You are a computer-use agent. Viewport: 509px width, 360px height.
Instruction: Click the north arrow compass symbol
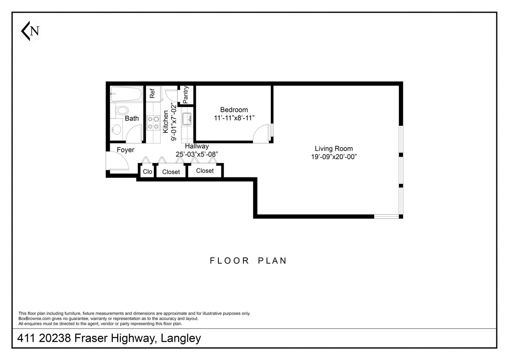(30, 31)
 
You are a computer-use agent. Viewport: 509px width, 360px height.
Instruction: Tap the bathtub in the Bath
(126, 93)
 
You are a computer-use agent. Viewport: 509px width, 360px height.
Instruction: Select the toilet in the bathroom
(122, 110)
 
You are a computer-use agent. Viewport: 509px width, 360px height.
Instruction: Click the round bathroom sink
(117, 129)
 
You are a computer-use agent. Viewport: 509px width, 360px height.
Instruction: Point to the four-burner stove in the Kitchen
(153, 123)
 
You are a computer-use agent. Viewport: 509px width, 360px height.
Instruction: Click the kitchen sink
(187, 119)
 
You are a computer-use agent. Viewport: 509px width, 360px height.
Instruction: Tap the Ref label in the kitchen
(152, 93)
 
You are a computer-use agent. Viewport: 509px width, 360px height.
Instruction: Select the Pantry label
(186, 95)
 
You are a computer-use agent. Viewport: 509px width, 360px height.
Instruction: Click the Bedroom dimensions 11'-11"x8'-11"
(234, 118)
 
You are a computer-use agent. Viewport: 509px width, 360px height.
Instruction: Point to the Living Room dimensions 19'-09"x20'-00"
(334, 157)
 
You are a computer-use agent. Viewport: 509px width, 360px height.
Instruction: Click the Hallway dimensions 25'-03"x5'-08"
(197, 154)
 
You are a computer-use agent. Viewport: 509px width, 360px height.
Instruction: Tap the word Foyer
(125, 150)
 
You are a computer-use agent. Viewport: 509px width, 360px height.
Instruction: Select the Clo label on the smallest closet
(148, 171)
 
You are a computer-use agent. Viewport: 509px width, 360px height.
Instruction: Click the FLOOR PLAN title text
(248, 261)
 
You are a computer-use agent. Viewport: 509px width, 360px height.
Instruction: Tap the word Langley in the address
(181, 338)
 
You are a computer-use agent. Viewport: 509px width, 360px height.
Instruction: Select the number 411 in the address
(26, 338)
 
